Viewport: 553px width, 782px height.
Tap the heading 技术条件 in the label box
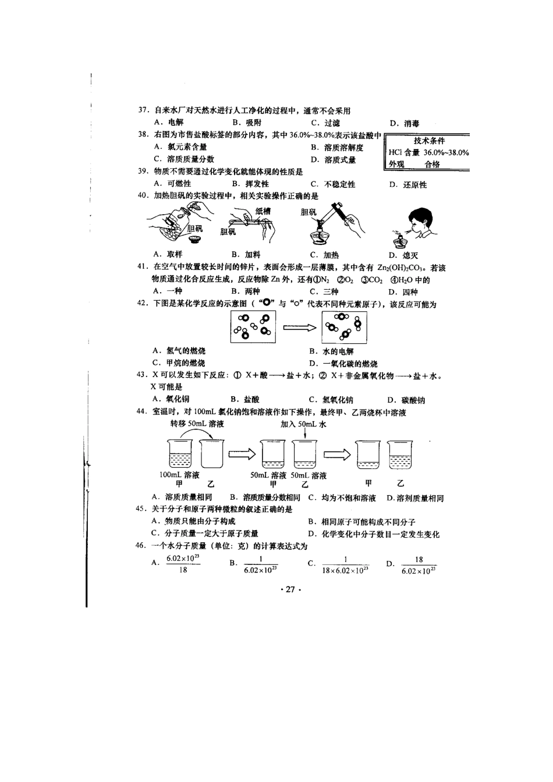coord(429,141)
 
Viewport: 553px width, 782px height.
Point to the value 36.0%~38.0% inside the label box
coord(446,152)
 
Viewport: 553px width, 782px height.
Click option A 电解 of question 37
coord(169,122)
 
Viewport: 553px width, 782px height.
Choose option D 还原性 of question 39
coord(408,184)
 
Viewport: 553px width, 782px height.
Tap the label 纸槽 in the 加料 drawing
coord(263,211)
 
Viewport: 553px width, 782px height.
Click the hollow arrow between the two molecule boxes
coord(299,328)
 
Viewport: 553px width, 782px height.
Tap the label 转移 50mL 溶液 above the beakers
coord(197,424)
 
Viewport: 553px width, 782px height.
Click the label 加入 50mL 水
coord(303,424)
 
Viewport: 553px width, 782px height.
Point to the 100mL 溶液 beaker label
coord(179,475)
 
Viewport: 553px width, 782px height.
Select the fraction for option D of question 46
coord(419,565)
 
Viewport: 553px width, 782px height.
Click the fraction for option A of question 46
coord(183,564)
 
